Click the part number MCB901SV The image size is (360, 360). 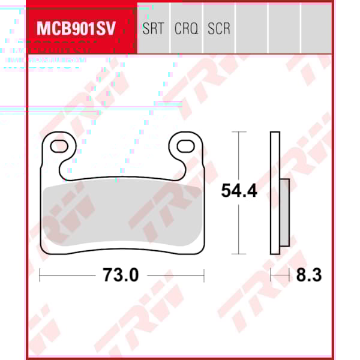(x=76, y=28)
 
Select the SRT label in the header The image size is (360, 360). (x=152, y=28)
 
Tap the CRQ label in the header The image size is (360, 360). (x=186, y=28)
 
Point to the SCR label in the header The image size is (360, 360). (x=219, y=28)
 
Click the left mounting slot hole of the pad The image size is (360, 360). (x=59, y=145)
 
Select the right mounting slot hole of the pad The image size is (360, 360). (x=185, y=145)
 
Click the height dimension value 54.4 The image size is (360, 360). (x=239, y=191)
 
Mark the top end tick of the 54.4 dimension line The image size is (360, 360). (x=239, y=132)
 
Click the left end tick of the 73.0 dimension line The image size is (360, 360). (x=40, y=275)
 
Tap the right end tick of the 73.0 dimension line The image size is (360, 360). (x=204, y=275)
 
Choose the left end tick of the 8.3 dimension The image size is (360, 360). (x=271, y=275)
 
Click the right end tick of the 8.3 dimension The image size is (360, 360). (x=290, y=275)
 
